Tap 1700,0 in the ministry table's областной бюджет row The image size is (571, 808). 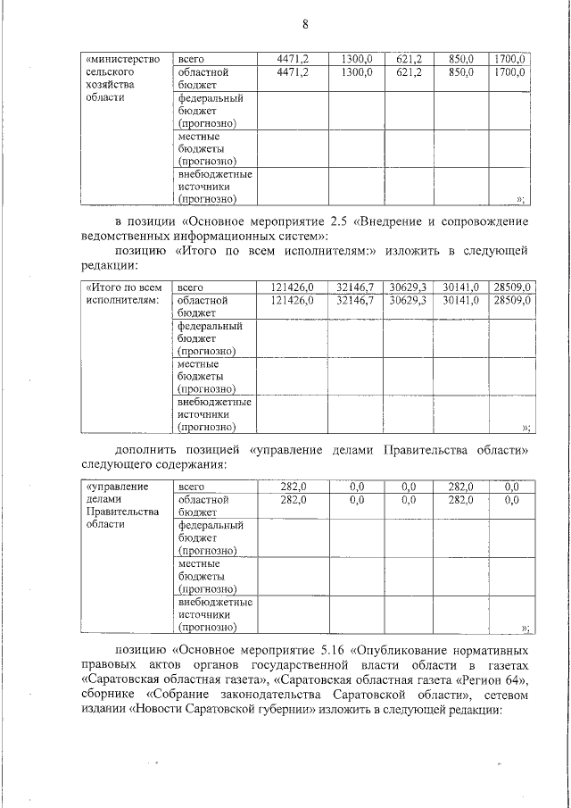(513, 71)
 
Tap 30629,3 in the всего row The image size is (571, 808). (409, 287)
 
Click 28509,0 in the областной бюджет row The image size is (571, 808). (513, 301)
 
